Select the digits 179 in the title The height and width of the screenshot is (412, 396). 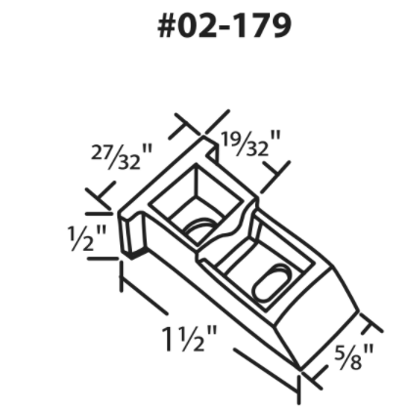pyautogui.click(x=263, y=25)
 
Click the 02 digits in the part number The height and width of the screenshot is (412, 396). pyautogui.click(x=202, y=25)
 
